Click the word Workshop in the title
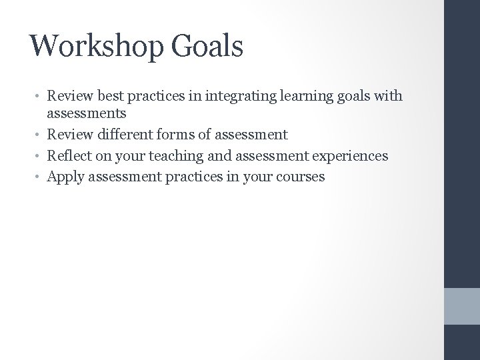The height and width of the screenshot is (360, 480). (x=100, y=46)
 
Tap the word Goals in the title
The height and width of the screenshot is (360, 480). (x=209, y=46)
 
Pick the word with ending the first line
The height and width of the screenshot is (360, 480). (x=389, y=96)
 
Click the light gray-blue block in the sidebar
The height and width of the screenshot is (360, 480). (x=462, y=306)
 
